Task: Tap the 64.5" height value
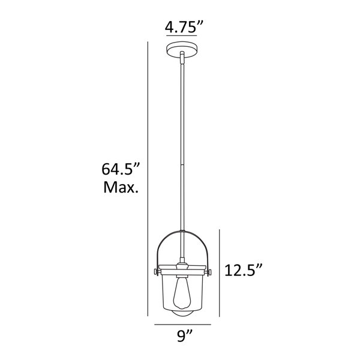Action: [121, 169]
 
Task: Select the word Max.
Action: [121, 187]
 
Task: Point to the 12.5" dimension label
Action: [243, 270]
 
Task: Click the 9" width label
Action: [184, 336]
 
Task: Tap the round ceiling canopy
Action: [182, 50]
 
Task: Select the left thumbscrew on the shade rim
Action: [157, 272]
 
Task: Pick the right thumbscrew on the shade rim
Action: [209, 272]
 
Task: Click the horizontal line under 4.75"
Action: [182, 36]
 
